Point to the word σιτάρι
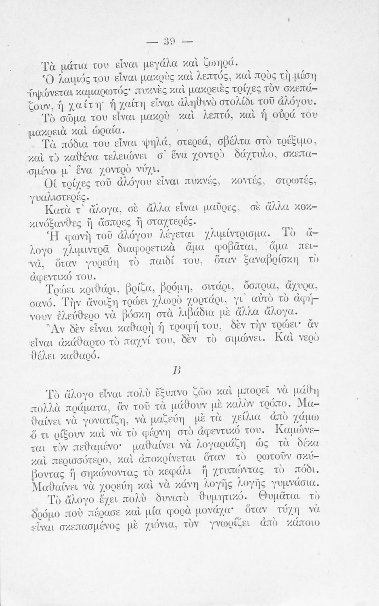218,287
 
